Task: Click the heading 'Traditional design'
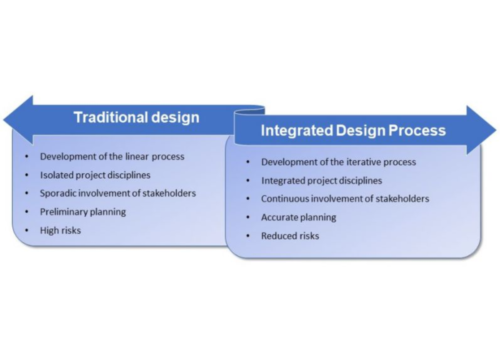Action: (x=136, y=117)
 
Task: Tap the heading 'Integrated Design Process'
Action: (x=353, y=130)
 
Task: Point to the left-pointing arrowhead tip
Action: (x=3, y=120)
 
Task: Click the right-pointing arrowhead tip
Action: (x=496, y=130)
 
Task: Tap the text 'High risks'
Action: (x=60, y=230)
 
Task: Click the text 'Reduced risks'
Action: (x=290, y=236)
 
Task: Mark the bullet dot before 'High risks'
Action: (x=26, y=230)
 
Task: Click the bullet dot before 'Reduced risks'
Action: (x=248, y=236)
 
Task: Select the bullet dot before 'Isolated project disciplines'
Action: (x=26, y=175)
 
